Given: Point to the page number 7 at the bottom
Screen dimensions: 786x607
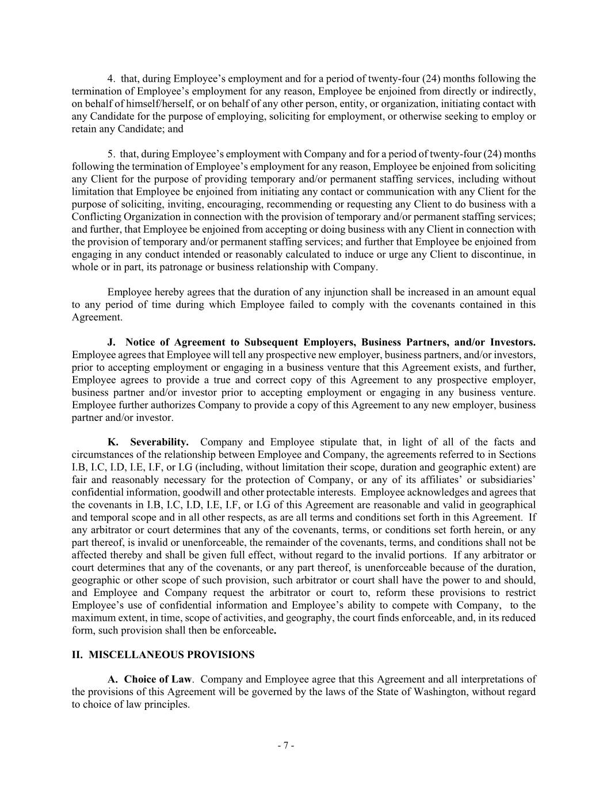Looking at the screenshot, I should pyautogui.click(x=286, y=746).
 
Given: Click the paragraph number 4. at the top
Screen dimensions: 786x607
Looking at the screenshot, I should pyautogui.click(x=112, y=79).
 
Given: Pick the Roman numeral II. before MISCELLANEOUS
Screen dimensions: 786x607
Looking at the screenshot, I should pyautogui.click(x=77, y=655).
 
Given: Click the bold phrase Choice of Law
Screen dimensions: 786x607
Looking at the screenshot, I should pyautogui.click(x=158, y=679).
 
